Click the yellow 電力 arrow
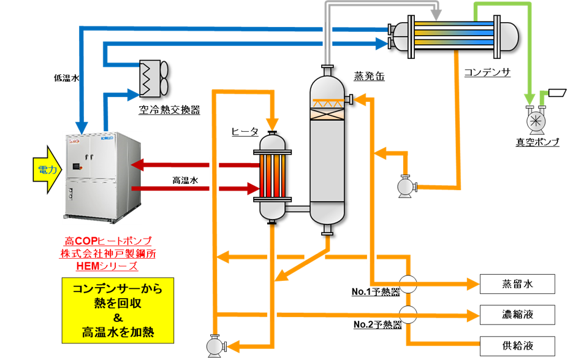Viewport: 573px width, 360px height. (47, 169)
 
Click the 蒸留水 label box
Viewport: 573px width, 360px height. (517, 284)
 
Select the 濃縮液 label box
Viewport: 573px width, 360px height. (517, 315)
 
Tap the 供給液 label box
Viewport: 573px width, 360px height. (517, 345)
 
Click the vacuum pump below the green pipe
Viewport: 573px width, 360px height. (536, 121)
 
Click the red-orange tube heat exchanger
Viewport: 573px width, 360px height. (273, 177)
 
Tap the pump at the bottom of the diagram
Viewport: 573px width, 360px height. (214, 346)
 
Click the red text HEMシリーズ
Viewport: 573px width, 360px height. (108, 266)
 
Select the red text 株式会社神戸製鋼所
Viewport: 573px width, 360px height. (108, 253)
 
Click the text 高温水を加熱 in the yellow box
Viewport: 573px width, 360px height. (118, 333)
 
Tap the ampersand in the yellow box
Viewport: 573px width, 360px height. (118, 318)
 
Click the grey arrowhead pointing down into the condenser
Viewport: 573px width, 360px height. (436, 13)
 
